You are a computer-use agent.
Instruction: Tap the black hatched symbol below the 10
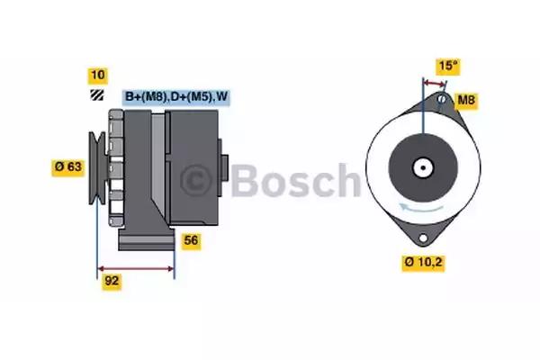(x=96, y=94)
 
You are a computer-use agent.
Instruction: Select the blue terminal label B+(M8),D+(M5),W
(x=175, y=96)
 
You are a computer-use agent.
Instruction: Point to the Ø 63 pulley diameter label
(x=69, y=166)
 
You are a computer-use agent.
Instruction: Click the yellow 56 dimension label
(x=191, y=240)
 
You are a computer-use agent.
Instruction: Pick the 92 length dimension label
(x=112, y=281)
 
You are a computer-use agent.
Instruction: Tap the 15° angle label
(x=446, y=66)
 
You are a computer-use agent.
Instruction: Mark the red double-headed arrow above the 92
(x=135, y=268)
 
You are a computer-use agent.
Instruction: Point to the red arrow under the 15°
(x=434, y=81)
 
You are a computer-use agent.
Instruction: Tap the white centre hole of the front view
(x=420, y=166)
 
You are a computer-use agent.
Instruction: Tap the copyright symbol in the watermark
(x=201, y=181)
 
